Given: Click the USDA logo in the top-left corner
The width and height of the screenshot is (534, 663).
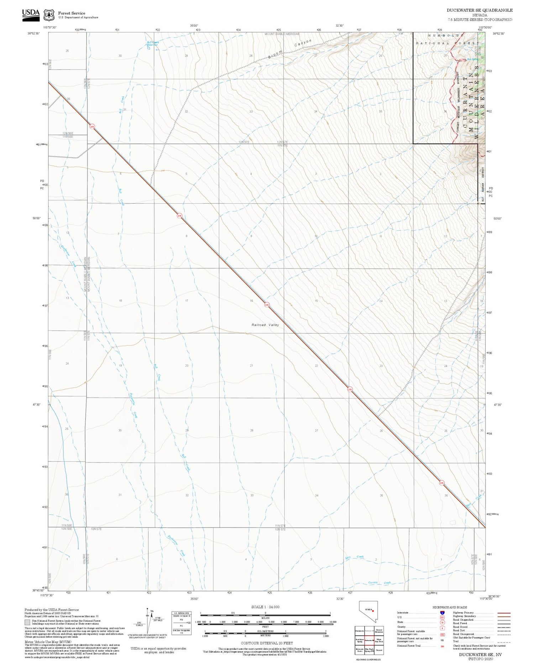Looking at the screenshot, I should point(31,14).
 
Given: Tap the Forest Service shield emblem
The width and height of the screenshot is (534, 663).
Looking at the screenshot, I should point(49,15).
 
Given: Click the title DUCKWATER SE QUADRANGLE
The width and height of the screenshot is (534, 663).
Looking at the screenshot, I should point(480,10).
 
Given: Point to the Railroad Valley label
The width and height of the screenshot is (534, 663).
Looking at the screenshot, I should point(265,325).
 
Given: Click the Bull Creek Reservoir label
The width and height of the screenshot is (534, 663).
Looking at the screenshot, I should point(153,43).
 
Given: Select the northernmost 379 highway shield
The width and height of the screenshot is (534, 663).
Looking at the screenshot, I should point(92,126).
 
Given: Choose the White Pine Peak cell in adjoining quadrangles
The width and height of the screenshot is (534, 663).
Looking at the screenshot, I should point(379,640).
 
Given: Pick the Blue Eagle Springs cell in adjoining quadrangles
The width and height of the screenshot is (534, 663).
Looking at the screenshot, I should point(370,650).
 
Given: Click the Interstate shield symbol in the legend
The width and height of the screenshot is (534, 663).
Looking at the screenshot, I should point(442,613).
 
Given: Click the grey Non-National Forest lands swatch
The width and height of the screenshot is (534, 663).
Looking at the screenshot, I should point(27,622).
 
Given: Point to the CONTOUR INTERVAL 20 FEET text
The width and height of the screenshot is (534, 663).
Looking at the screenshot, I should point(267,643).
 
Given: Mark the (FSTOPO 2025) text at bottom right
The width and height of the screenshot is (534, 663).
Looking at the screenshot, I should point(480,658).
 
